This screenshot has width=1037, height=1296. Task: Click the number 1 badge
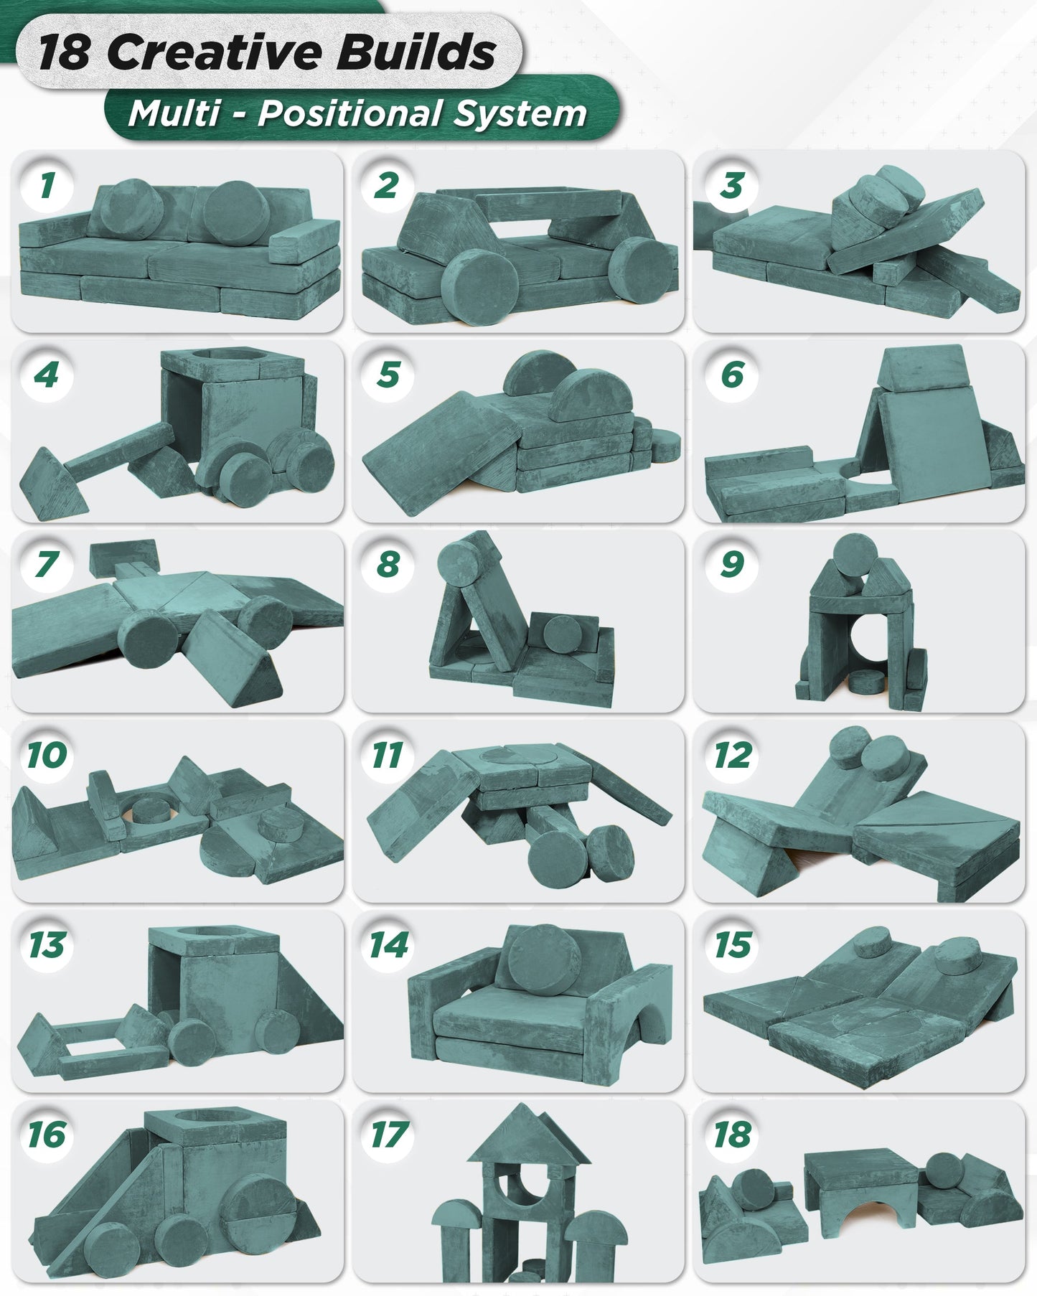tap(47, 184)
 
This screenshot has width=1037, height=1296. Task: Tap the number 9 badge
tap(731, 564)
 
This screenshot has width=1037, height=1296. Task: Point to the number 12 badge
tap(731, 754)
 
